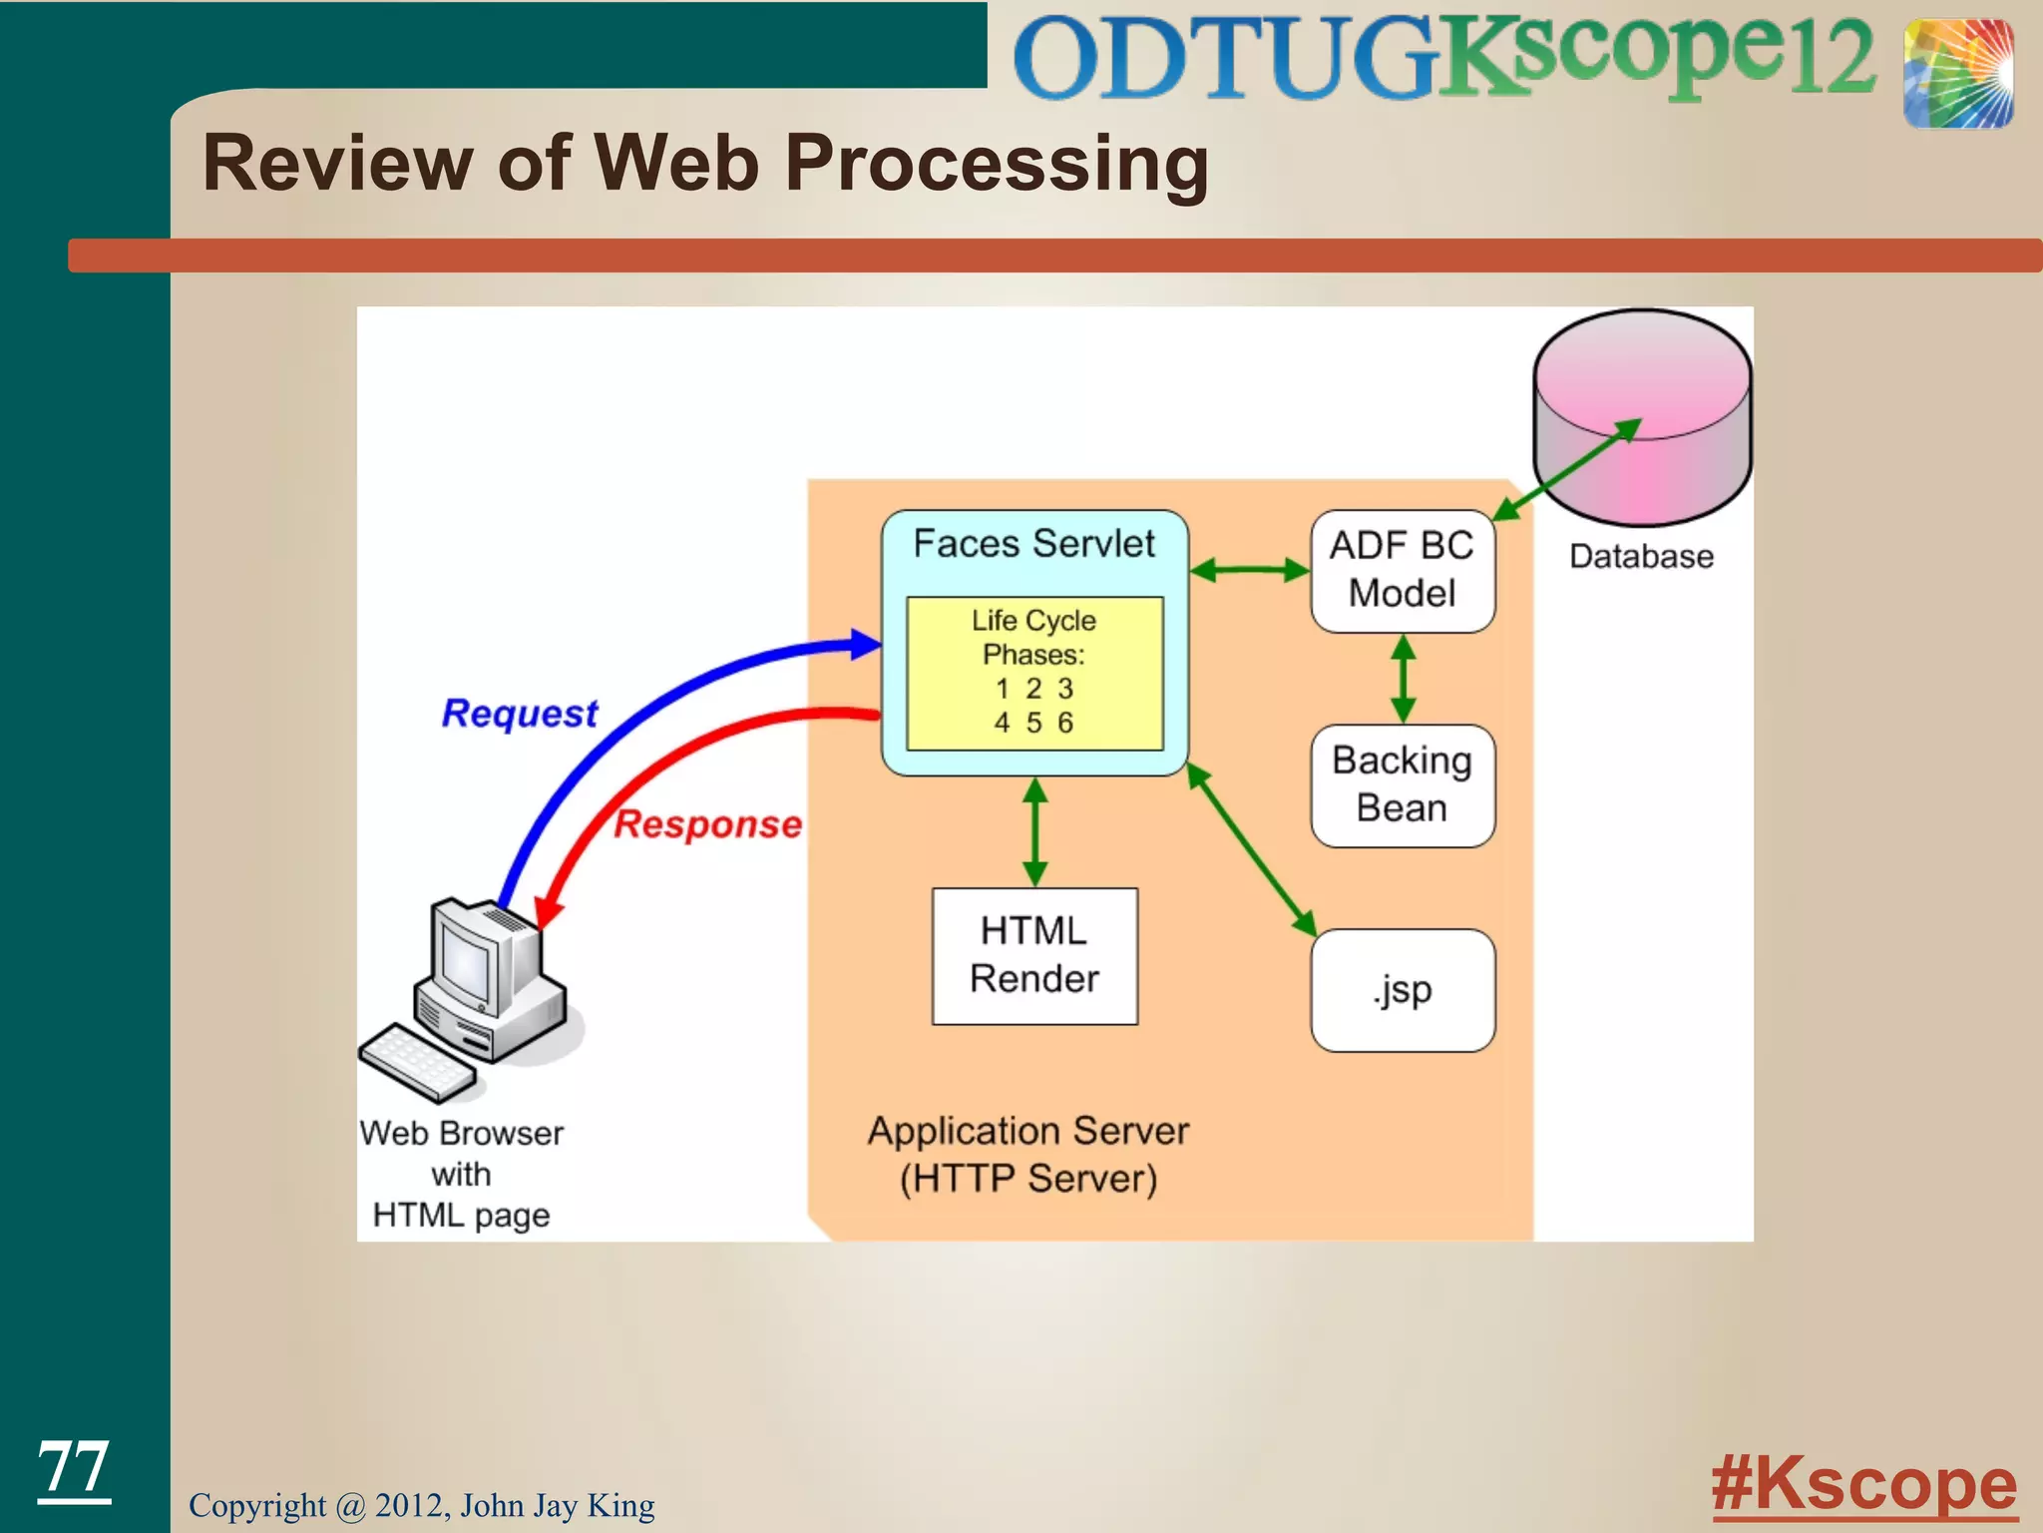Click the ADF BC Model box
pyautogui.click(x=1402, y=571)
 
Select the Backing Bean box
pyautogui.click(x=1402, y=785)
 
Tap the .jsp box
pyautogui.click(x=1402, y=990)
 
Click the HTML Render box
pyautogui.click(x=1034, y=955)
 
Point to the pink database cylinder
pyautogui.click(x=1642, y=419)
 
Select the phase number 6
pyautogui.click(x=1065, y=723)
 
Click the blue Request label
pyautogui.click(x=520, y=714)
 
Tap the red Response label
pyautogui.click(x=707, y=824)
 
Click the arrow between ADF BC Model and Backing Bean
pyautogui.click(x=1403, y=679)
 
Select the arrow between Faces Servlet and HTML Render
pyautogui.click(x=1035, y=831)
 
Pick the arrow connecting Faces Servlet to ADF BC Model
pyautogui.click(x=1249, y=571)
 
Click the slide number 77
pyautogui.click(x=73, y=1467)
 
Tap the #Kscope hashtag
pyautogui.click(x=1863, y=1484)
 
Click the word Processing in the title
pyautogui.click(x=996, y=163)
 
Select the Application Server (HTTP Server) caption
pyautogui.click(x=1028, y=1155)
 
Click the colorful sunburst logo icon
pyautogui.click(x=1957, y=73)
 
